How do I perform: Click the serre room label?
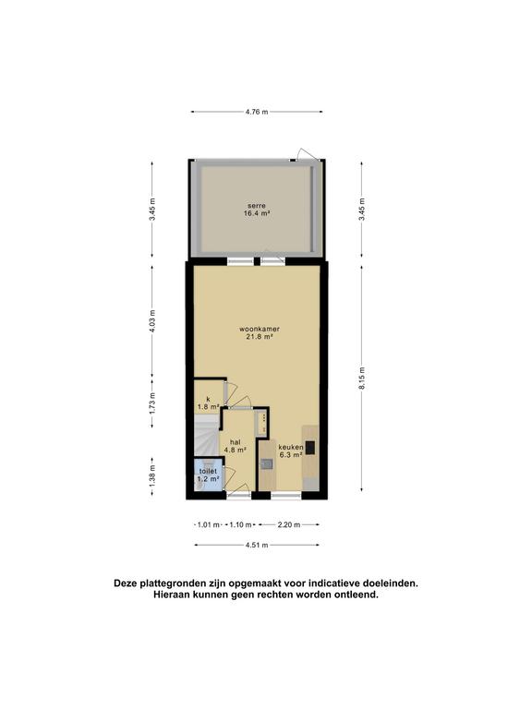pos(256,209)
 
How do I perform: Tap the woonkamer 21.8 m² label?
pos(260,332)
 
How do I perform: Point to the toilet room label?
pos(208,475)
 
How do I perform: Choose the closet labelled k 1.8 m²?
pos(208,402)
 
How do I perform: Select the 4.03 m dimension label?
pos(153,319)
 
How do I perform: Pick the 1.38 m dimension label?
pos(153,475)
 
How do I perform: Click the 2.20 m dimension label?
pos(289,524)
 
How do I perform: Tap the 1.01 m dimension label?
pos(209,524)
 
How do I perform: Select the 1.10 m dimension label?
pos(239,524)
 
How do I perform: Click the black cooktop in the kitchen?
pos(310,448)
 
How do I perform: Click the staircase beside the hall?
pos(204,439)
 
